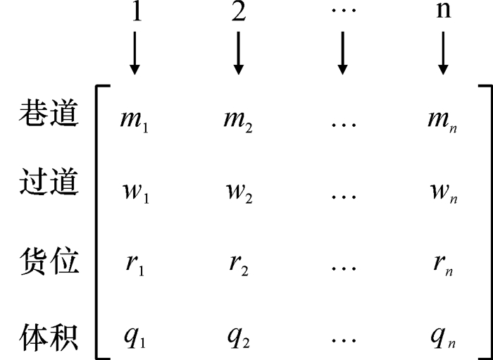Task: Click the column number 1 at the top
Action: point(136,13)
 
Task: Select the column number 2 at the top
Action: point(239,13)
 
